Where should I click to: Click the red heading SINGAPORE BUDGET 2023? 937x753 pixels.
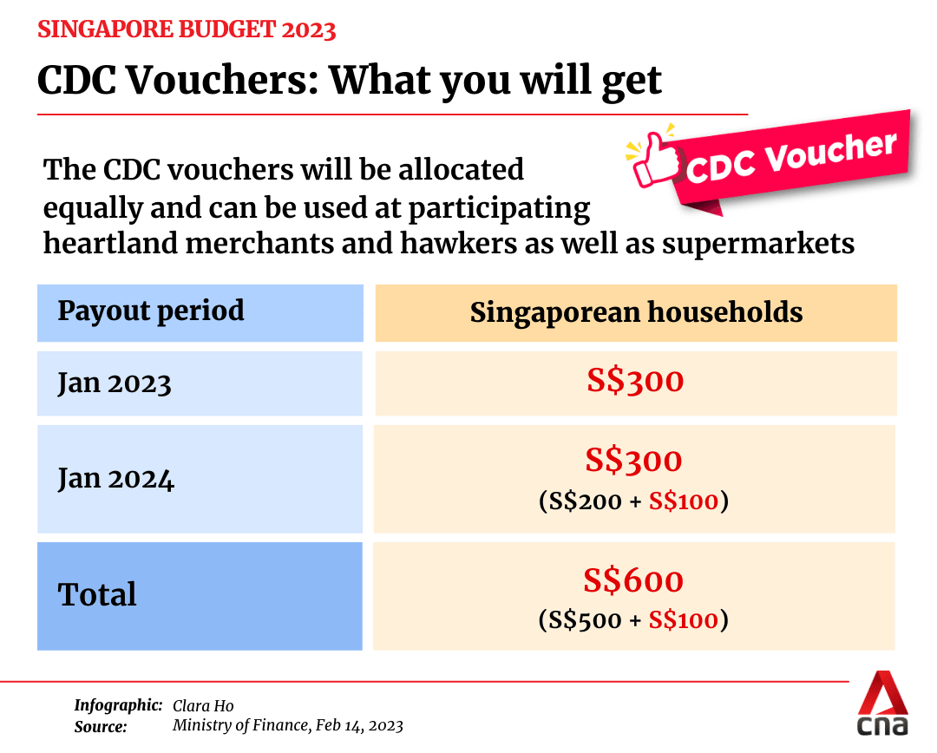(x=187, y=30)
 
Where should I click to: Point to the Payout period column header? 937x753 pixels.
(x=151, y=311)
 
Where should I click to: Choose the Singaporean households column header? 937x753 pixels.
(x=636, y=312)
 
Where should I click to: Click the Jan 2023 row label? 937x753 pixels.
(x=115, y=383)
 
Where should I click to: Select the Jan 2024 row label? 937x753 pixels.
(x=116, y=478)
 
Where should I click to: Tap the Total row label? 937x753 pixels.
(x=97, y=595)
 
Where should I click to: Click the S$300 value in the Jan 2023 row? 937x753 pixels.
(x=635, y=381)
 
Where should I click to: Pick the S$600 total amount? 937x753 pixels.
(x=633, y=581)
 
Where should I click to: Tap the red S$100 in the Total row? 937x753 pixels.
(x=684, y=620)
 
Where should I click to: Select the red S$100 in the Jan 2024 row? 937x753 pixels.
(x=684, y=501)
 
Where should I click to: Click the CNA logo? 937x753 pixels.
(x=882, y=704)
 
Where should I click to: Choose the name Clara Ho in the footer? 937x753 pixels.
(x=203, y=705)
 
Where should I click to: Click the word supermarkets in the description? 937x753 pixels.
(x=758, y=244)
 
